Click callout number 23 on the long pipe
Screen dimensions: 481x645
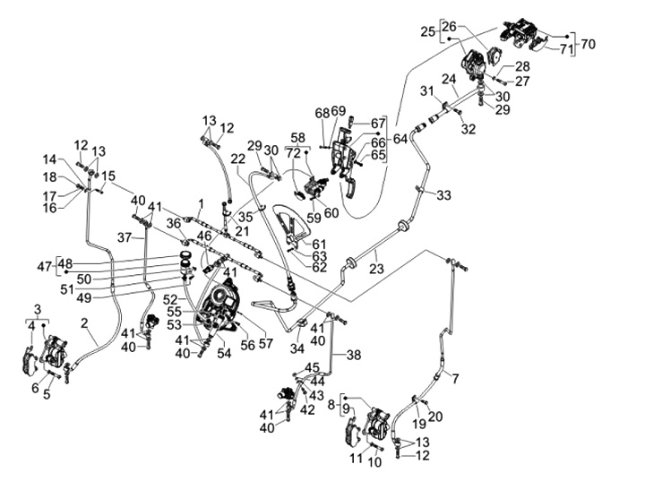[376, 268]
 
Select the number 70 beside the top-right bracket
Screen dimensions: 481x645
[589, 43]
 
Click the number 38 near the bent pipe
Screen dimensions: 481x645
[354, 355]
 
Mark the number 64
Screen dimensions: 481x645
[400, 139]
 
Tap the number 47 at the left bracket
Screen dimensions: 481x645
[41, 266]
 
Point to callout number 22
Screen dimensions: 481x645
[238, 159]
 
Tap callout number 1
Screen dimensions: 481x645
[202, 203]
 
